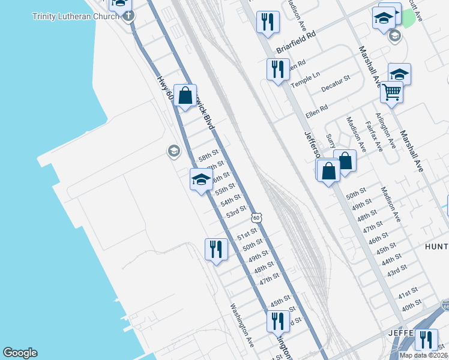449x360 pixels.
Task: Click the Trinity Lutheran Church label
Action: [x=76, y=16]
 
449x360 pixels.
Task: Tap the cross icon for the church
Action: [x=128, y=16]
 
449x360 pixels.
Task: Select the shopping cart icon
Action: [x=391, y=92]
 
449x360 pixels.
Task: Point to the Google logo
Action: [x=20, y=353]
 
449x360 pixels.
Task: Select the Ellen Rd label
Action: [x=316, y=110]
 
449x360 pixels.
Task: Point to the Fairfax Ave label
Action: [x=375, y=136]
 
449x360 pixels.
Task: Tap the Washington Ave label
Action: [x=242, y=325]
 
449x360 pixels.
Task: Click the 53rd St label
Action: [x=236, y=211]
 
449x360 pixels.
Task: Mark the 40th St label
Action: [x=412, y=305]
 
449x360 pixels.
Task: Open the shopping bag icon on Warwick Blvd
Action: [x=185, y=95]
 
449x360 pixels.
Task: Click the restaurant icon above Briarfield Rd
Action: [x=267, y=22]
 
